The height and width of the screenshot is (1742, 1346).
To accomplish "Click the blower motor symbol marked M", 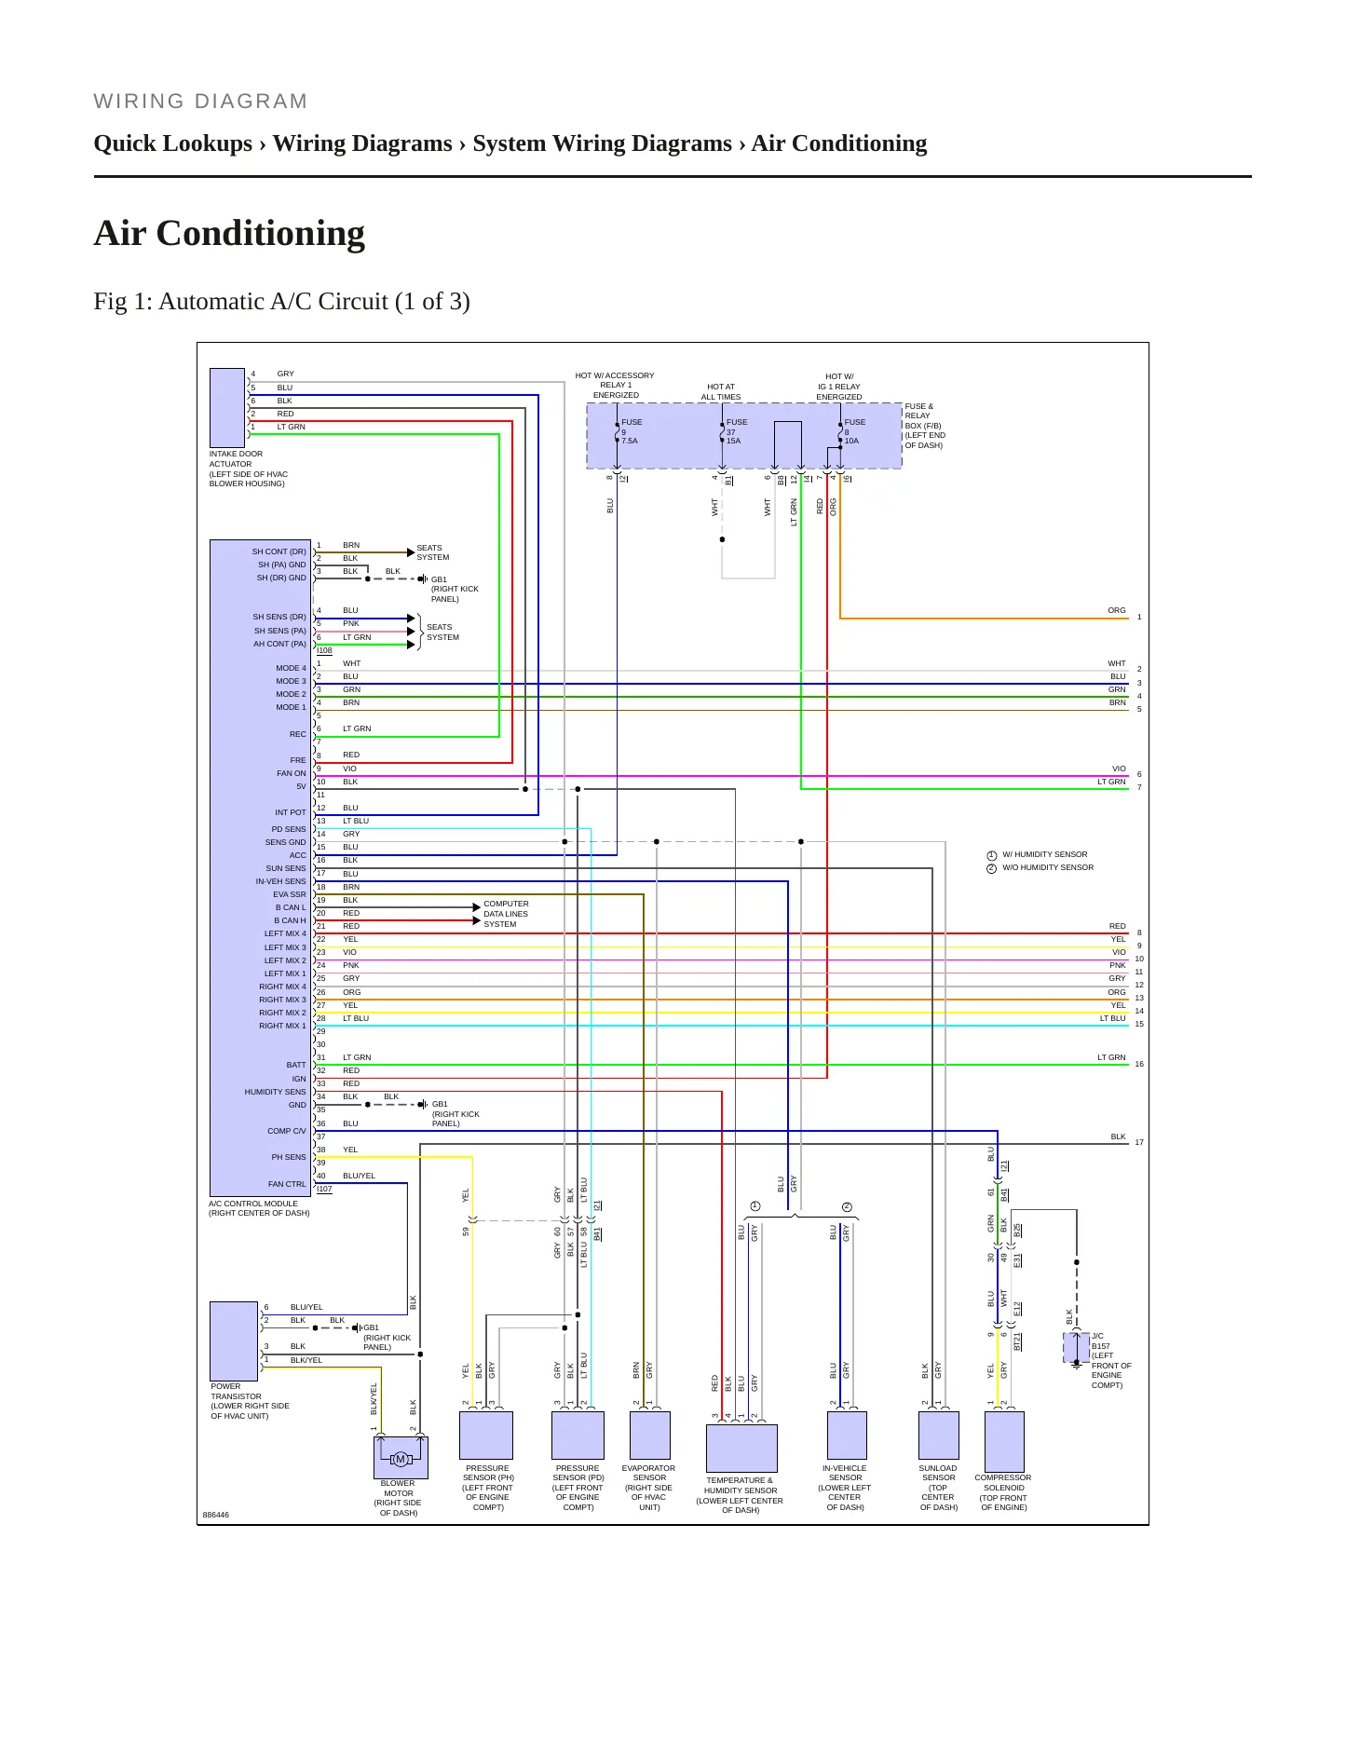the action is click(x=401, y=1459).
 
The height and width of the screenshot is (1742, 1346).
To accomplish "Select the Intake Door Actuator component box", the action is click(x=227, y=408).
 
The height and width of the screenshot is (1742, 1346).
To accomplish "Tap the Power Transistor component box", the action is click(x=234, y=1341).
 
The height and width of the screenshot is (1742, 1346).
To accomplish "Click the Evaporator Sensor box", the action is click(x=650, y=1435).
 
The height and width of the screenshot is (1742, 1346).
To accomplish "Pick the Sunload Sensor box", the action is click(x=939, y=1435).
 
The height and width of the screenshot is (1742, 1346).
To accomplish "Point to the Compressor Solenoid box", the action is click(x=1004, y=1441).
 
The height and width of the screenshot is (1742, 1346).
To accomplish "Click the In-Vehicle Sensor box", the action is click(x=847, y=1435).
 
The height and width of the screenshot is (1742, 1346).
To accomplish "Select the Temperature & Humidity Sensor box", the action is click(x=741, y=1448).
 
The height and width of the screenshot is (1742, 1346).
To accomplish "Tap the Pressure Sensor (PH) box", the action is click(x=486, y=1435).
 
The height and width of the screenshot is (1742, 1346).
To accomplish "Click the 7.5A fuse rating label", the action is click(x=630, y=441).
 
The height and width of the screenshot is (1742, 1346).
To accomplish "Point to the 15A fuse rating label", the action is click(x=734, y=441).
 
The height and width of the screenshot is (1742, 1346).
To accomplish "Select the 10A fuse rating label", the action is click(x=851, y=441).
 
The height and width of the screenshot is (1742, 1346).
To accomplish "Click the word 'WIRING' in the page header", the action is click(x=140, y=102).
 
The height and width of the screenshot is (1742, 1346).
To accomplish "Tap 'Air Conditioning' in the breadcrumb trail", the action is click(x=839, y=143).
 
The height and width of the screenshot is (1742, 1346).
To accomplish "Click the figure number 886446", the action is click(x=216, y=1515).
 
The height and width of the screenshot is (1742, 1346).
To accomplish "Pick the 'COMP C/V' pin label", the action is click(x=287, y=1131).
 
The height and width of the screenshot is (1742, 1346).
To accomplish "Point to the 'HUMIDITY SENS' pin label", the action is click(x=276, y=1092).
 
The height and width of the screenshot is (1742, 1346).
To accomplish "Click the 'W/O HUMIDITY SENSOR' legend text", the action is click(x=1048, y=867).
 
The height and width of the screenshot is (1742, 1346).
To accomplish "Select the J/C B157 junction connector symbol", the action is click(x=1077, y=1347).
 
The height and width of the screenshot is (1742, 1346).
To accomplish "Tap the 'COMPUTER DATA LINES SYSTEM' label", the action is click(x=506, y=914).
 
